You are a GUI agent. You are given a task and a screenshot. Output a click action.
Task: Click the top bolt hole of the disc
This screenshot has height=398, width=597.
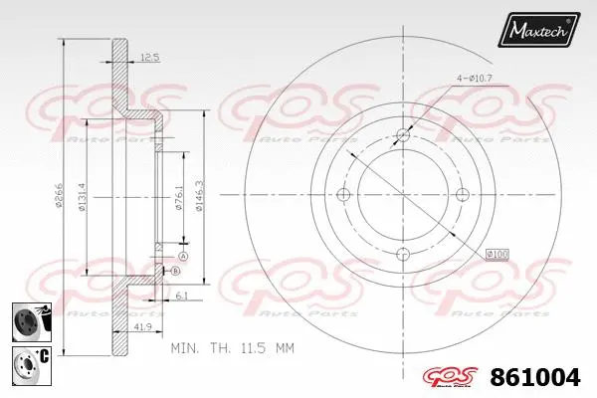coord(402,135)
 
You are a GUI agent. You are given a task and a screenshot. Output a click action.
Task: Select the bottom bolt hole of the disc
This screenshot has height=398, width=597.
coord(402,253)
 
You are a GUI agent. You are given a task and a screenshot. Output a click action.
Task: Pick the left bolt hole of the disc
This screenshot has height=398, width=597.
coord(344,194)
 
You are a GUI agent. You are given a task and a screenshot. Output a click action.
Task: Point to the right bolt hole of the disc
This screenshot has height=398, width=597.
coord(461,194)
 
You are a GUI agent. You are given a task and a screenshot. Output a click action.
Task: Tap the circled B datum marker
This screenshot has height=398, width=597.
coord(175,271)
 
